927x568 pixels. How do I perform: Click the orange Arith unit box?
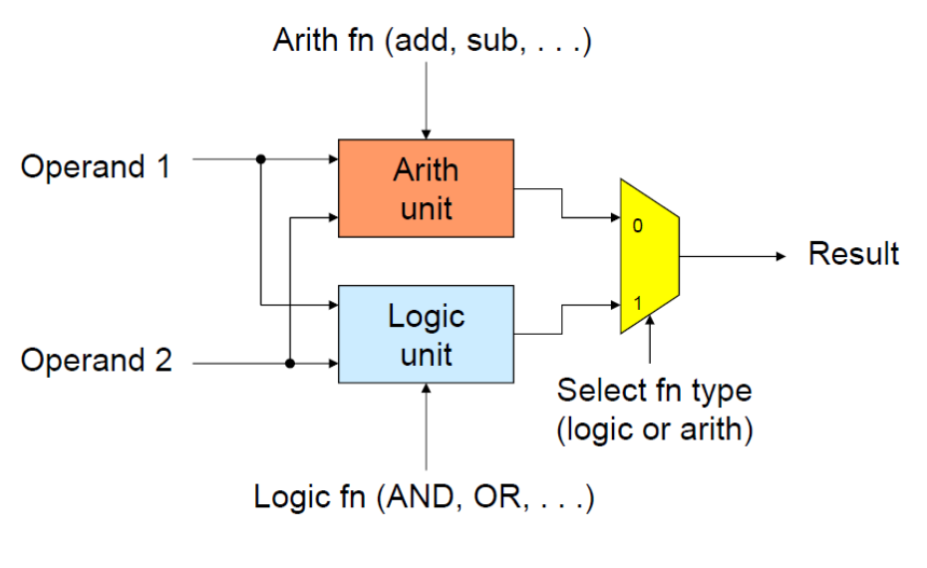(426, 188)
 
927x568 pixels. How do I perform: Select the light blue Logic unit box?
(426, 334)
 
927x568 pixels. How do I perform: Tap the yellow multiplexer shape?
(650, 256)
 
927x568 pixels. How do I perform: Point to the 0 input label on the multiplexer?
(637, 226)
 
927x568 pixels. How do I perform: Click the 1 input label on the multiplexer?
(637, 303)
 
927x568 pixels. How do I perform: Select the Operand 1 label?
(96, 166)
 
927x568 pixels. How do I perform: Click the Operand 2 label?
(97, 360)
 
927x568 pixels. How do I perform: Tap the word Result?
(853, 253)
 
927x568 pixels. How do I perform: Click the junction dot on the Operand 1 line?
(261, 159)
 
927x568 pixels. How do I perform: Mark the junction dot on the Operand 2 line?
(290, 363)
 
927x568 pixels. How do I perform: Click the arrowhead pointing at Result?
(781, 256)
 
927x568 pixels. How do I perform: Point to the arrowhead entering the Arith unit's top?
(426, 135)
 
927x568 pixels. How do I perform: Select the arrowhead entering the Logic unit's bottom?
(426, 389)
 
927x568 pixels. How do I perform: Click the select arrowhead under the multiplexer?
(650, 320)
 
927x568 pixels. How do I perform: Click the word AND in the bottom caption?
(422, 496)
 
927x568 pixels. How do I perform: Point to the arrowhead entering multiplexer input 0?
(615, 217)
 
